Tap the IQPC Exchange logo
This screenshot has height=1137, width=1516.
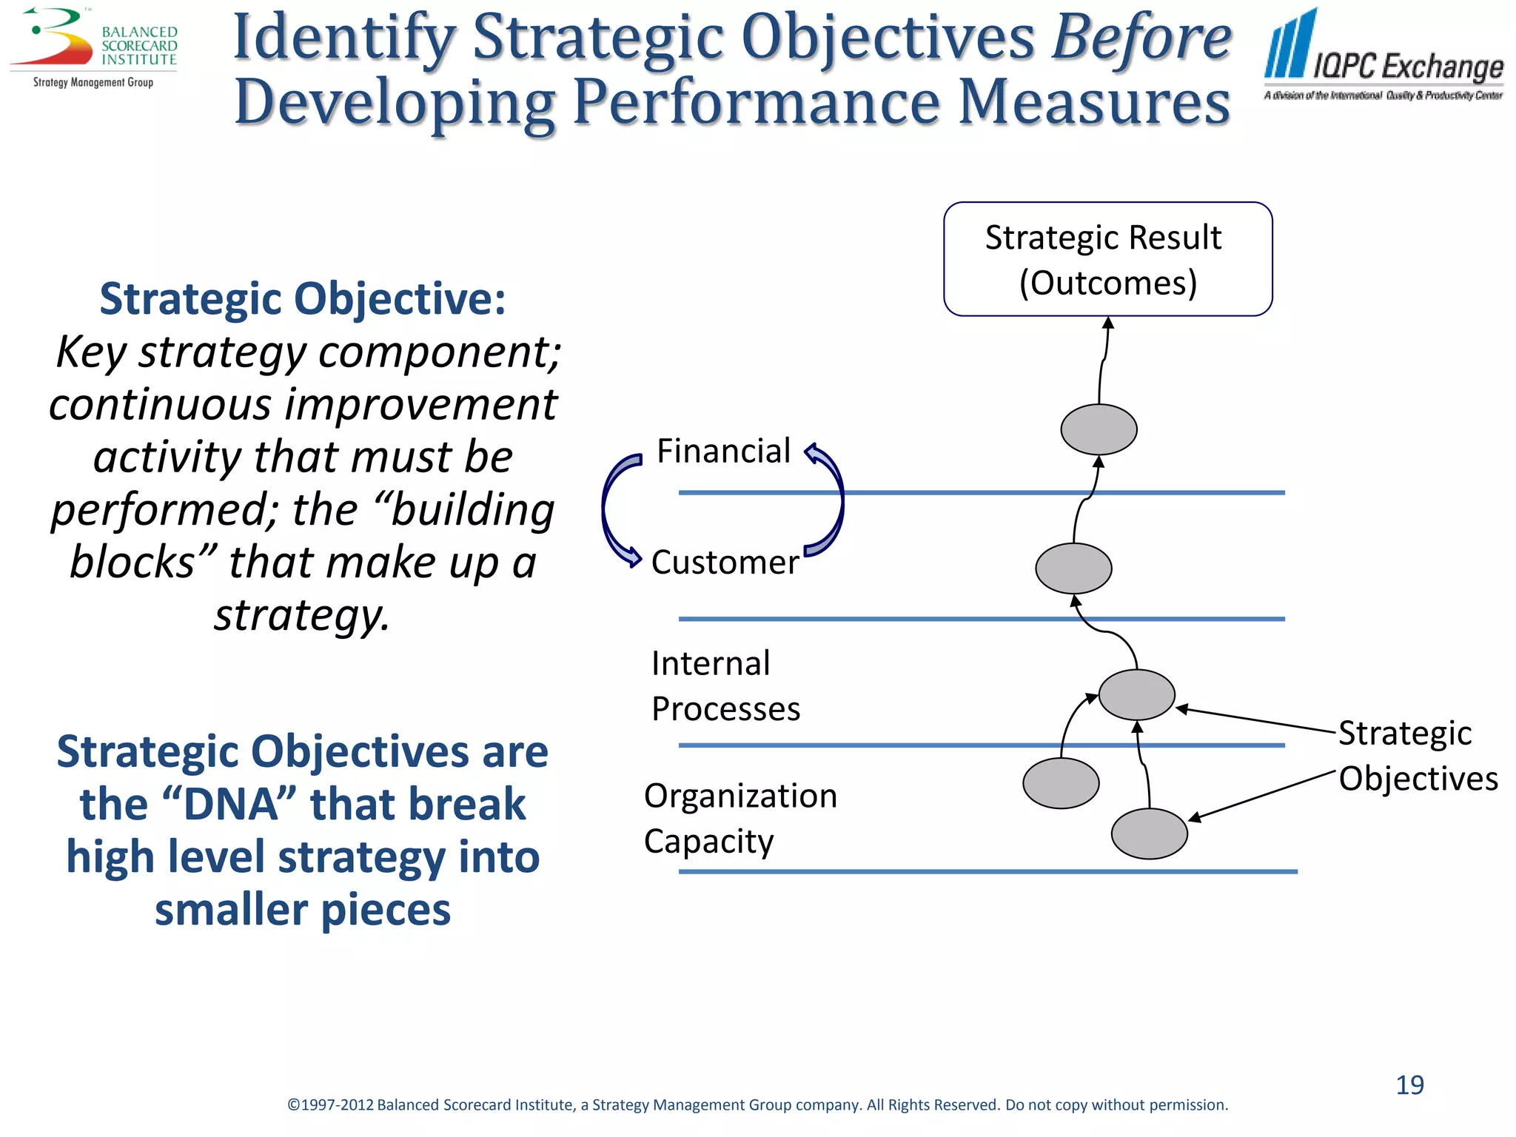(1383, 56)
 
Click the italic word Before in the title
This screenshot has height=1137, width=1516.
(1141, 38)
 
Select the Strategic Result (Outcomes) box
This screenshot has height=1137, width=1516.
(1107, 259)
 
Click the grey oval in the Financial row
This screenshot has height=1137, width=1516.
(1099, 429)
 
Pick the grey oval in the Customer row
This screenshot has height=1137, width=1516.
(1073, 568)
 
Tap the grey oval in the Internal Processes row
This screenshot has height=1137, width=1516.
(1136, 694)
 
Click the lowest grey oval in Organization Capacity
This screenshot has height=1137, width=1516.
(1149, 834)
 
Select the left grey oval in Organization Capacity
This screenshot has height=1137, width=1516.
(1061, 783)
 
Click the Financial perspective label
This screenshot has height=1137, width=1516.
(723, 452)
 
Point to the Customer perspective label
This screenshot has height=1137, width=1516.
(725, 563)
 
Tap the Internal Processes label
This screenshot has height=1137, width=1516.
(725, 685)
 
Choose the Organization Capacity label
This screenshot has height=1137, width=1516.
(739, 818)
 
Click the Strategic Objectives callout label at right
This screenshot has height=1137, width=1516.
(1417, 756)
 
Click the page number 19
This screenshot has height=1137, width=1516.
(1409, 1085)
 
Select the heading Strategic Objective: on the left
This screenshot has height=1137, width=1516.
(303, 299)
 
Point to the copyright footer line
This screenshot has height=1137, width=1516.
(757, 1105)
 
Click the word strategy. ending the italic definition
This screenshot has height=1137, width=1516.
(302, 615)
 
